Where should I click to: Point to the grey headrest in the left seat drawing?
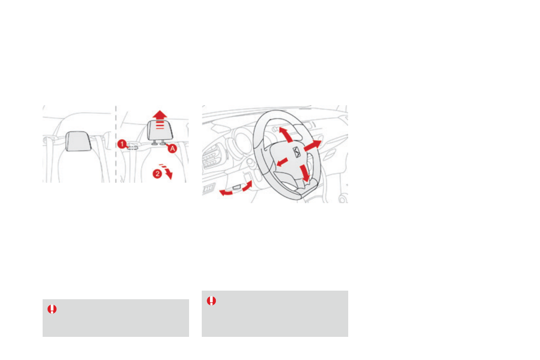point(80,141)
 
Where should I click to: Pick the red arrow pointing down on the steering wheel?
point(305,174)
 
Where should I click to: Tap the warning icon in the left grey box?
point(52,309)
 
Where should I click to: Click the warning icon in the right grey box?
point(211,301)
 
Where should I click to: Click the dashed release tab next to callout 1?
point(133,146)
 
